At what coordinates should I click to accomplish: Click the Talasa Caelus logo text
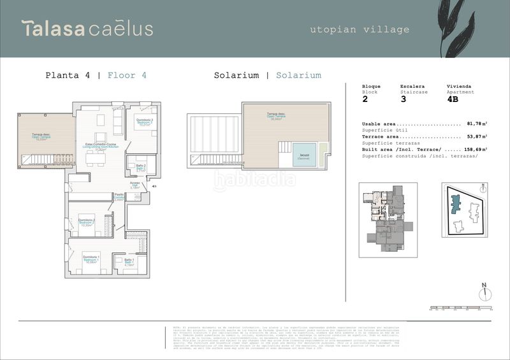point(87,29)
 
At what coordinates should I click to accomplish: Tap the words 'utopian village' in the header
point(360,29)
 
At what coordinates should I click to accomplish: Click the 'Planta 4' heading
point(68,75)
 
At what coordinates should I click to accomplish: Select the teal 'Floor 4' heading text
point(127,75)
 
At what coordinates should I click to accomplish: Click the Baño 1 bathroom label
point(128,261)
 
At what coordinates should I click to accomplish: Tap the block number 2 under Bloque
point(365,99)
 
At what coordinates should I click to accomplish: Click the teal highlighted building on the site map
point(456,204)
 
